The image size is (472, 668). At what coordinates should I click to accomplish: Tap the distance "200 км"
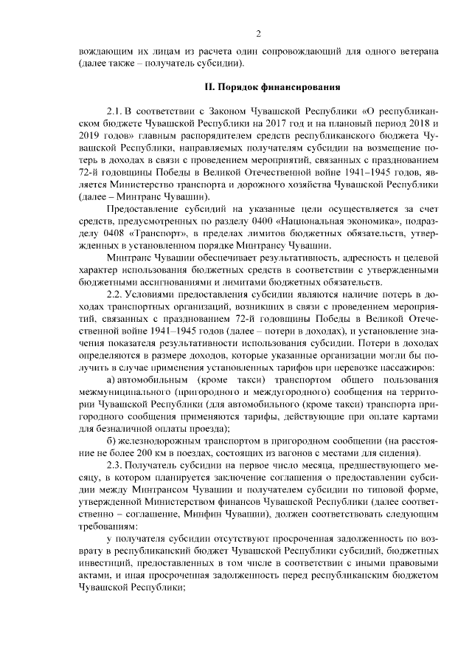[x=146, y=453]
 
